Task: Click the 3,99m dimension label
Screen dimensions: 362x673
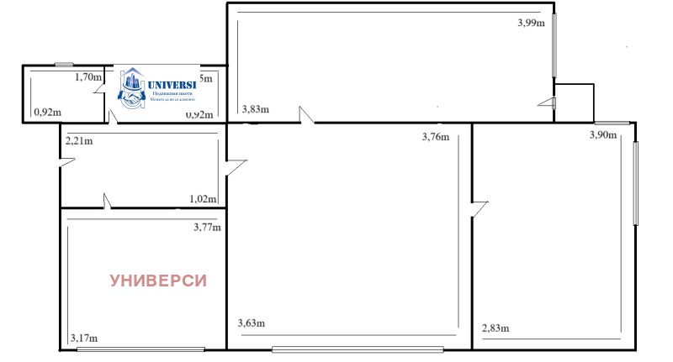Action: [x=531, y=24]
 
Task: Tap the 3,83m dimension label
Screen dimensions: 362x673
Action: [x=256, y=109]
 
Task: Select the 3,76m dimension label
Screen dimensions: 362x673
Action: [x=435, y=137]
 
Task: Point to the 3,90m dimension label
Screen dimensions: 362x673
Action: [x=602, y=134]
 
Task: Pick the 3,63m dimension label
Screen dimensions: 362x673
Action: [x=252, y=323]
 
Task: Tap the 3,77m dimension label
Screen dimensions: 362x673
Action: [x=207, y=227]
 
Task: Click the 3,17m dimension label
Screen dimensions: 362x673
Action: [x=84, y=338]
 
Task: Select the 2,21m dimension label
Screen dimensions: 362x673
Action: [x=79, y=141]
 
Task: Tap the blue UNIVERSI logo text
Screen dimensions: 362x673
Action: [x=171, y=85]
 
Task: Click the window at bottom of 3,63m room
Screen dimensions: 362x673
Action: [x=358, y=349]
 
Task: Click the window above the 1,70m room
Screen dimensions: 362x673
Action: [x=63, y=65]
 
